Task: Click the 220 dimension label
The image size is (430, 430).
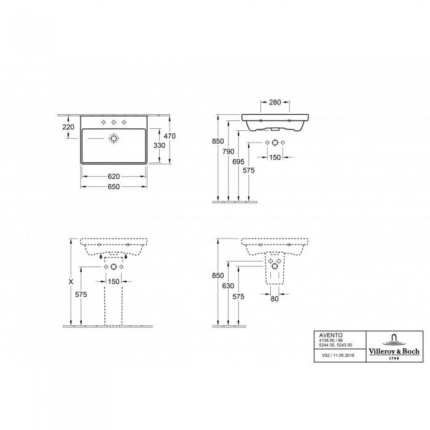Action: pyautogui.click(x=68, y=127)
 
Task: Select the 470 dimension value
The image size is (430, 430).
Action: pyautogui.click(x=170, y=136)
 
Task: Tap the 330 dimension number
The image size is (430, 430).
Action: pyautogui.click(x=159, y=146)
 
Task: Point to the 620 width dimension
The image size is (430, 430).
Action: pyautogui.click(x=114, y=177)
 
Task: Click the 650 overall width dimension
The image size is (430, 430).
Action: pyautogui.click(x=114, y=187)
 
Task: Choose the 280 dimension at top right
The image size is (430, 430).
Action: pyautogui.click(x=275, y=103)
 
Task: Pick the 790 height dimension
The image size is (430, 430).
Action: pyautogui.click(x=229, y=151)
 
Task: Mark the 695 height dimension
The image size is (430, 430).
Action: pyautogui.click(x=238, y=162)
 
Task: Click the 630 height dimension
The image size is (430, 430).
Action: pyautogui.click(x=228, y=286)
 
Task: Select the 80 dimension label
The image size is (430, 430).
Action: pyautogui.click(x=275, y=299)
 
